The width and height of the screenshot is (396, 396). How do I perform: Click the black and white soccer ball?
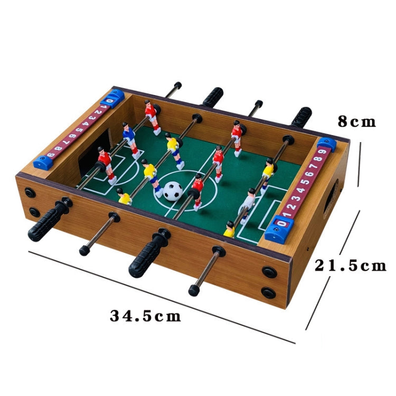pyautogui.click(x=172, y=191)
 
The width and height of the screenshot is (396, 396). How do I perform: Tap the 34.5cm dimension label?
pyautogui.click(x=145, y=316)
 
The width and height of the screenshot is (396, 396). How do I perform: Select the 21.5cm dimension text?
pyautogui.click(x=351, y=266)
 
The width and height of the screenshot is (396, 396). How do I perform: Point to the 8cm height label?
pyautogui.click(x=356, y=121)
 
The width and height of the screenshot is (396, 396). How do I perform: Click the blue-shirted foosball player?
pyautogui.click(x=127, y=134)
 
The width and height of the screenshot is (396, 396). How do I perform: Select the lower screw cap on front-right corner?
pyautogui.click(x=268, y=291)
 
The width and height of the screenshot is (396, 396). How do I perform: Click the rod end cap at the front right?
pyautogui.click(x=194, y=290)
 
